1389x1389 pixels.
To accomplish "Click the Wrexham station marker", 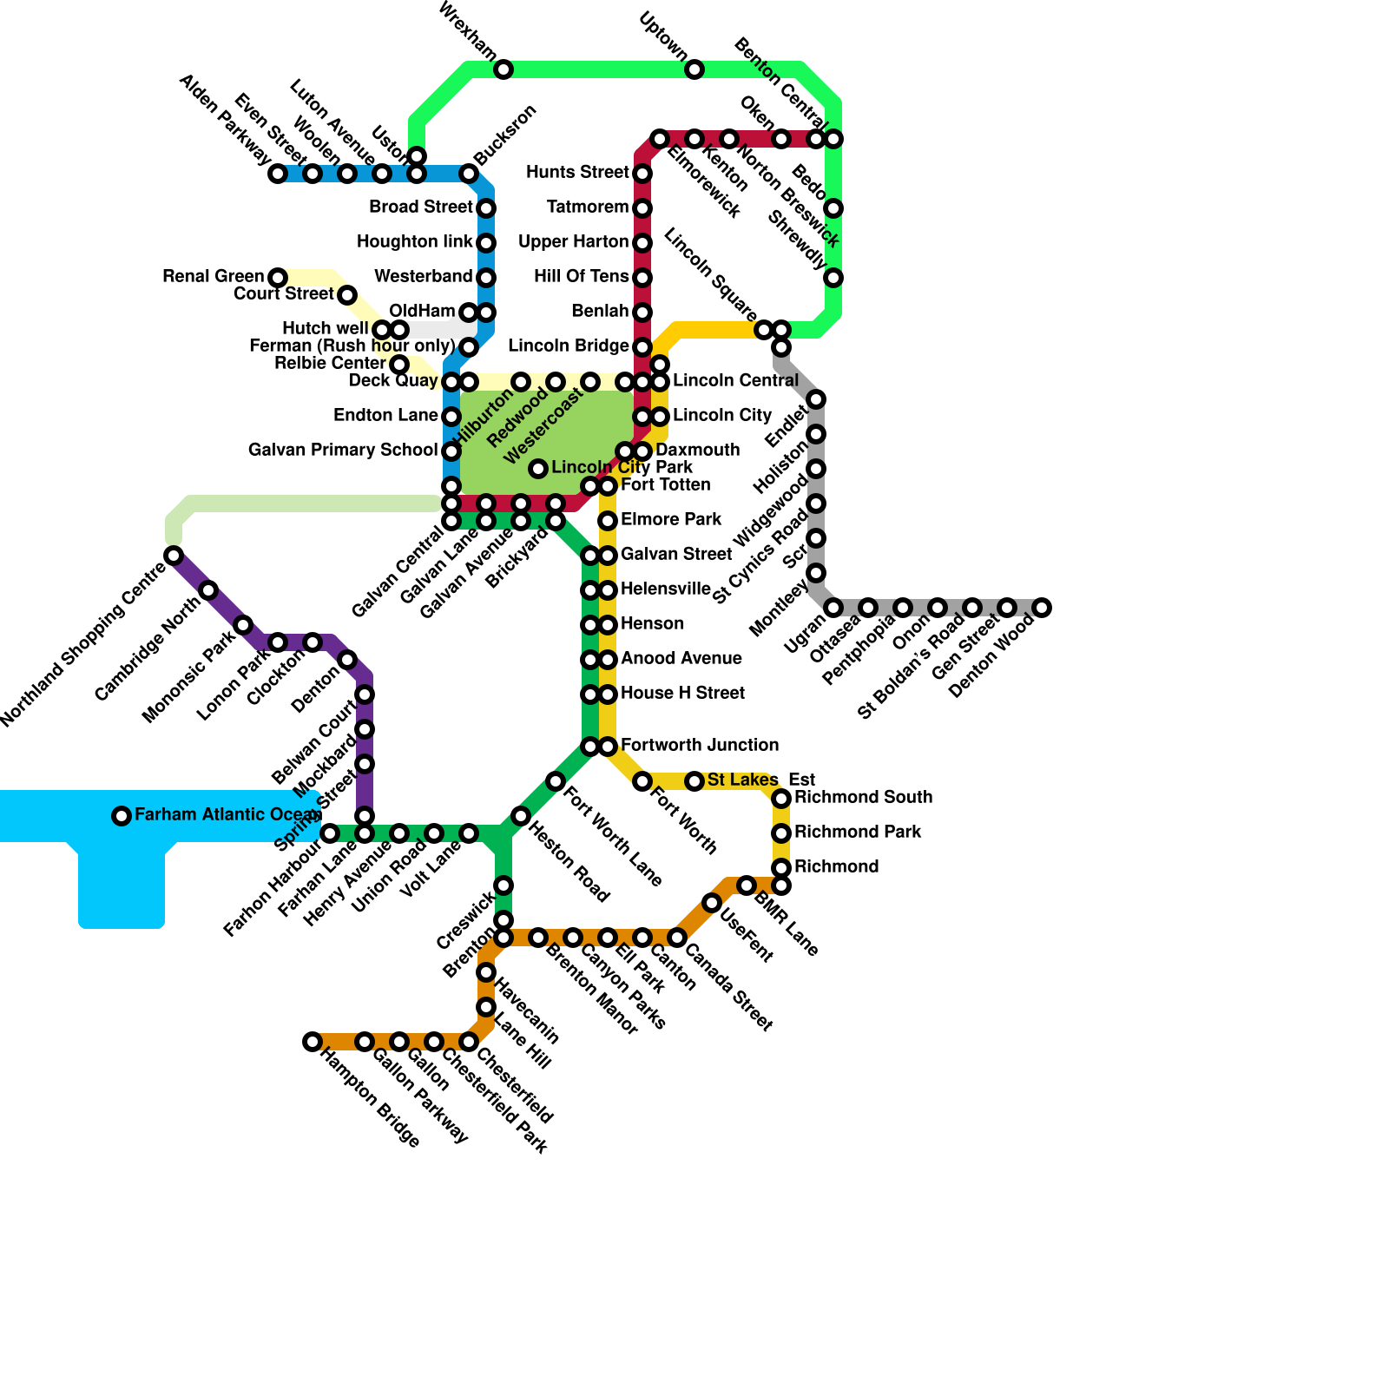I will (x=504, y=69).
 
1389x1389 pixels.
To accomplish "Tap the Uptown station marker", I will (x=694, y=69).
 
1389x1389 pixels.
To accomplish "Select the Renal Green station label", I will (x=213, y=277).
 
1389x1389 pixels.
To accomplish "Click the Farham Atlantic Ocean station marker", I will (x=122, y=816).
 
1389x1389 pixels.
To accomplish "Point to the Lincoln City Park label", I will (x=622, y=468).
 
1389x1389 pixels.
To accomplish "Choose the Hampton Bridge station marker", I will (x=313, y=1042).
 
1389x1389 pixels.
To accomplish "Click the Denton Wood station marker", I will (x=1043, y=608).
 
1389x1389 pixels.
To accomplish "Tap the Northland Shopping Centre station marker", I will (x=174, y=556).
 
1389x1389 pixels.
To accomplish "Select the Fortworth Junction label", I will (x=700, y=746).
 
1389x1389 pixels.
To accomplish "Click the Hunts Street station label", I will (x=577, y=173).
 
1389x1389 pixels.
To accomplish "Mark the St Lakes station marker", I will (x=694, y=782).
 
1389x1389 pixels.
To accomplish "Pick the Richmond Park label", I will (x=858, y=833).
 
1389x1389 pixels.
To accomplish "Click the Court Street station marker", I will (x=347, y=295).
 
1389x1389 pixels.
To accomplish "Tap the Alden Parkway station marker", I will (x=278, y=174).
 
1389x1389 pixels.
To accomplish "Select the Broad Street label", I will (x=421, y=207).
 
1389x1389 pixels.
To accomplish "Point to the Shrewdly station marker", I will (x=833, y=278).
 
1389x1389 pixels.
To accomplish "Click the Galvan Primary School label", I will (x=343, y=451).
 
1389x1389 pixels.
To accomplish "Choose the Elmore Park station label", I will (x=671, y=520).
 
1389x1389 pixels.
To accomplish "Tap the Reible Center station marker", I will (x=399, y=365).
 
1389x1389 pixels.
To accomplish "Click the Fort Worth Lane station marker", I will (x=556, y=782).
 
